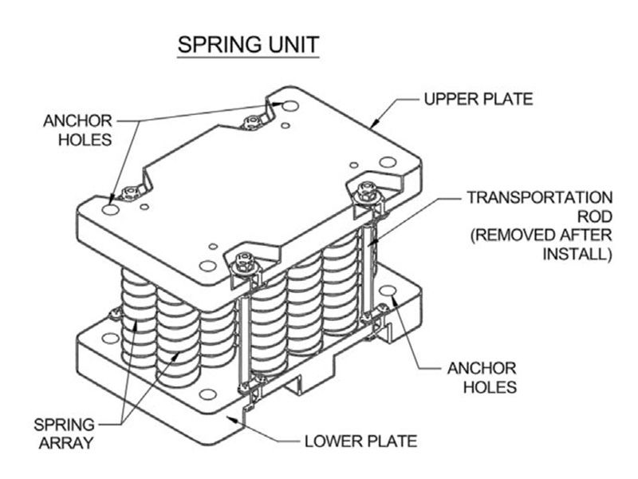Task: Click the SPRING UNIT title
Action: click(x=248, y=45)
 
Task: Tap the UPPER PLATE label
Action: click(x=478, y=99)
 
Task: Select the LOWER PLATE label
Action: click(x=361, y=441)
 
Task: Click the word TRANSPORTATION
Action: click(x=540, y=197)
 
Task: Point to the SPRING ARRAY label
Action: click(x=65, y=433)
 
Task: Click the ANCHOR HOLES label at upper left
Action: click(x=77, y=130)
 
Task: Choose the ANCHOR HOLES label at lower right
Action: click(x=482, y=378)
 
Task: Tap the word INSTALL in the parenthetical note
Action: click(x=577, y=254)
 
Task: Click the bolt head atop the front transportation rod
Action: click(x=243, y=262)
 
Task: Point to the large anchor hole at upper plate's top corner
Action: click(x=290, y=106)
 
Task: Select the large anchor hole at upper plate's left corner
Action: click(x=111, y=210)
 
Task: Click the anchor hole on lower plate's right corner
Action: click(x=388, y=291)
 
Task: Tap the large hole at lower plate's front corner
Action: click(x=208, y=394)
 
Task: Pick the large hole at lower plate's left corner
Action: click(x=110, y=338)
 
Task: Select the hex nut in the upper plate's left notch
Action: click(x=130, y=193)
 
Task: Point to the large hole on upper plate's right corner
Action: click(x=388, y=162)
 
